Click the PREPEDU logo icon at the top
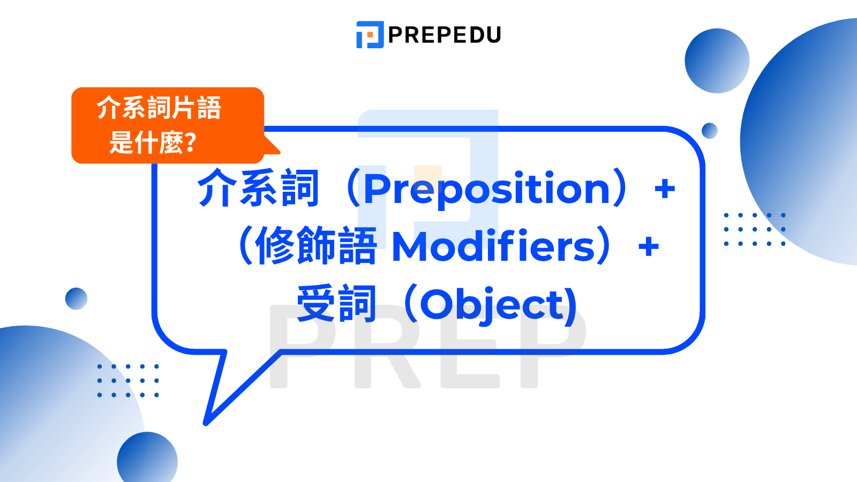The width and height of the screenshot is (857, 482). (x=370, y=34)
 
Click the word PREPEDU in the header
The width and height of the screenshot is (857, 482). (x=445, y=35)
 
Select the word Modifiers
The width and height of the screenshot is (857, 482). (x=494, y=246)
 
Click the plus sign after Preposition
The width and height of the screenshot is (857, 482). (x=665, y=189)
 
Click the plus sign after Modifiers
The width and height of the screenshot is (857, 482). (x=649, y=246)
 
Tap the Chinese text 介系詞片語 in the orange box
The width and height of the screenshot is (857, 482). (x=159, y=108)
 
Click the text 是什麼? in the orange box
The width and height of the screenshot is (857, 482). (x=153, y=142)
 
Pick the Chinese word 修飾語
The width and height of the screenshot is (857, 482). (x=317, y=245)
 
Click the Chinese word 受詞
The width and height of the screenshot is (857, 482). (x=337, y=304)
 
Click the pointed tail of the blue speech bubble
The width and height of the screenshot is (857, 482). (x=206, y=423)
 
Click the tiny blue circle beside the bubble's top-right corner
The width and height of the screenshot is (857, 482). (x=710, y=131)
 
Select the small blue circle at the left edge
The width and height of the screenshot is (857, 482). (x=76, y=299)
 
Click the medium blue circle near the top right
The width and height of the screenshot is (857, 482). (x=717, y=61)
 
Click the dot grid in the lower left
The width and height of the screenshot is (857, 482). (x=128, y=381)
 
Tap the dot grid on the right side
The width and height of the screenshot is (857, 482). (x=755, y=230)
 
